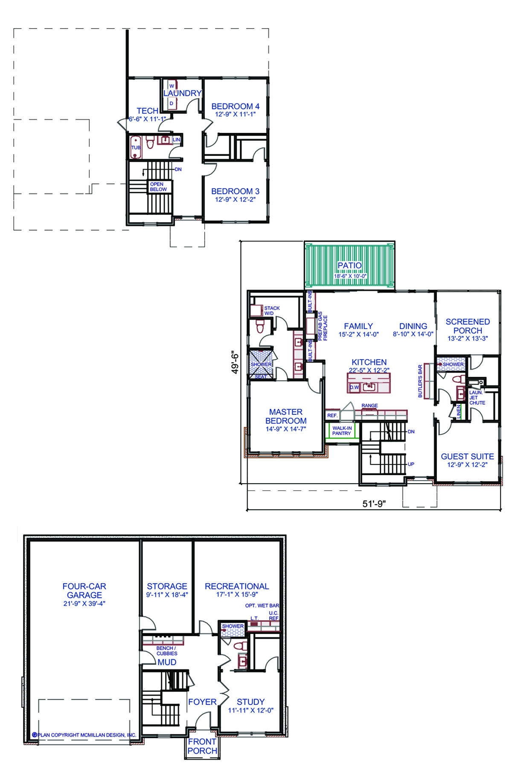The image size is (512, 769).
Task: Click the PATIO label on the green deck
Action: (x=349, y=265)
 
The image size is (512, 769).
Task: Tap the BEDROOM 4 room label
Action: (x=235, y=106)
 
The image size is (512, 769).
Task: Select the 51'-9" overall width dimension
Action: (x=374, y=504)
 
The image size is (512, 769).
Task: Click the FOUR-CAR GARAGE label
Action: (x=84, y=590)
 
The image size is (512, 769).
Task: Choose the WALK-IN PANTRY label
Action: (x=342, y=431)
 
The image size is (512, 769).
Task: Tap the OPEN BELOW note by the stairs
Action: (x=158, y=187)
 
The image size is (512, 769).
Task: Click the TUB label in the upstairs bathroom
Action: (x=136, y=148)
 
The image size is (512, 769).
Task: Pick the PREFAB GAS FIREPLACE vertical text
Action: (x=323, y=326)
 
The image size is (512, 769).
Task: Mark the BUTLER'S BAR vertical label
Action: (x=420, y=381)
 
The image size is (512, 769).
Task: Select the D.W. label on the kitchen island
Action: (x=355, y=387)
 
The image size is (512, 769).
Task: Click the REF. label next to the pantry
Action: (x=332, y=415)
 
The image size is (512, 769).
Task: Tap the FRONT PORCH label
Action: (x=202, y=746)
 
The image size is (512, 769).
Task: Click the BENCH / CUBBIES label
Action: (x=167, y=651)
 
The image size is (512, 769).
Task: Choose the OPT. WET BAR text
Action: (x=262, y=605)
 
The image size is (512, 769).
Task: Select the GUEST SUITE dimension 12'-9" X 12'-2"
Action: (x=467, y=465)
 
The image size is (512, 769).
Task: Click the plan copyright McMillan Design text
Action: (x=84, y=735)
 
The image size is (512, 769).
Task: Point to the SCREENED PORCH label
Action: (x=468, y=326)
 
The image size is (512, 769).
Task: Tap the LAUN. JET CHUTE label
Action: (x=477, y=398)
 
